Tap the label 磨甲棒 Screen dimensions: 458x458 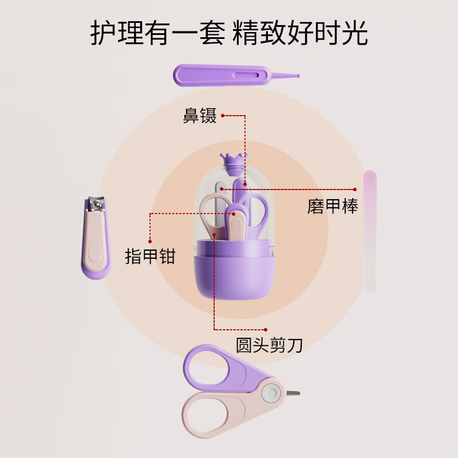pyautogui.click(x=333, y=207)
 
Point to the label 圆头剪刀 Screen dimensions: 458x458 pyautogui.click(x=269, y=345)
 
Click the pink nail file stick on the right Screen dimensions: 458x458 pyautogui.click(x=370, y=229)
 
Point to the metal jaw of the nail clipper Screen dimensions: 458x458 pyautogui.click(x=96, y=203)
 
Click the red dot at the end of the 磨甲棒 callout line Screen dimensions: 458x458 pyautogui.click(x=356, y=188)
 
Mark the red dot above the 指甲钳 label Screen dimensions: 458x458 pyautogui.click(x=150, y=241)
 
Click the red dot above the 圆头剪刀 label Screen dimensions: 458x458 pyautogui.click(x=267, y=330)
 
